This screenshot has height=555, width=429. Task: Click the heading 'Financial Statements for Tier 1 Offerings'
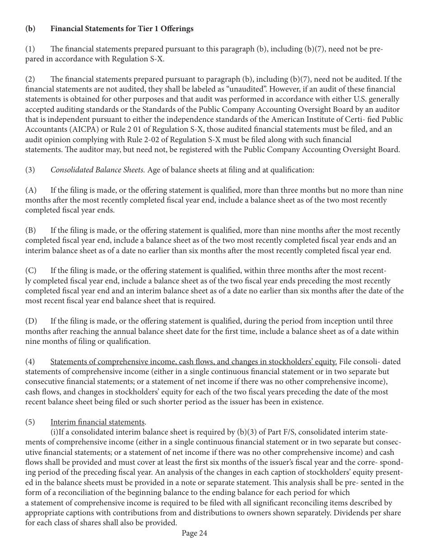tap(122, 28)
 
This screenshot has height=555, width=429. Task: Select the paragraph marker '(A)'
tap(31, 190)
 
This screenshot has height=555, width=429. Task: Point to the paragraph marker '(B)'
tap(31, 231)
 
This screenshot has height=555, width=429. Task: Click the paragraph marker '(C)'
tap(31, 271)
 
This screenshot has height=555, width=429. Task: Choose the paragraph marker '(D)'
tap(31, 321)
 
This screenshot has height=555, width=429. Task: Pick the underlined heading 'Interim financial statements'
tap(97, 422)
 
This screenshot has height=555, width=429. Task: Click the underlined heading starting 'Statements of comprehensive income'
tap(193, 361)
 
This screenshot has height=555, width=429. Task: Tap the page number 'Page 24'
tap(194, 533)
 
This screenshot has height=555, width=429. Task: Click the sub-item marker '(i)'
tap(54, 432)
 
